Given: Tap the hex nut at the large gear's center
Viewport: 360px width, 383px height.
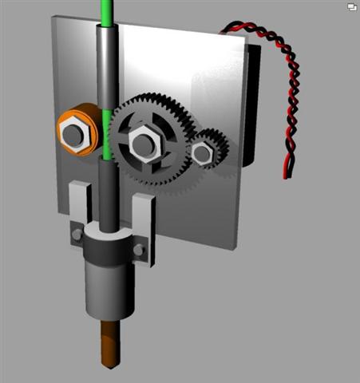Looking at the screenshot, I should click(144, 144).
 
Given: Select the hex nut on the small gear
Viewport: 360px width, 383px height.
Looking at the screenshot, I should click(203, 151).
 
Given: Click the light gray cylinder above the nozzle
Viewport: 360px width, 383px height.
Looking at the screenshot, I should click(106, 291).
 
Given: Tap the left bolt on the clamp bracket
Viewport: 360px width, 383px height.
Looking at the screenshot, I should click(77, 235).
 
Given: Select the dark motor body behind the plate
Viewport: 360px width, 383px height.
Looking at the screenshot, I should click(251, 104).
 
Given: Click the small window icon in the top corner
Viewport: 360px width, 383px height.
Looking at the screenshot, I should click(351, 6).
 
